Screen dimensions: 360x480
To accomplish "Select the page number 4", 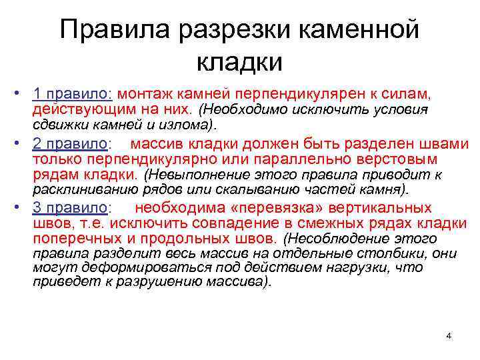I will tap(449, 335).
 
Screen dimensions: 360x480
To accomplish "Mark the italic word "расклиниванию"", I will tap(80, 189).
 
